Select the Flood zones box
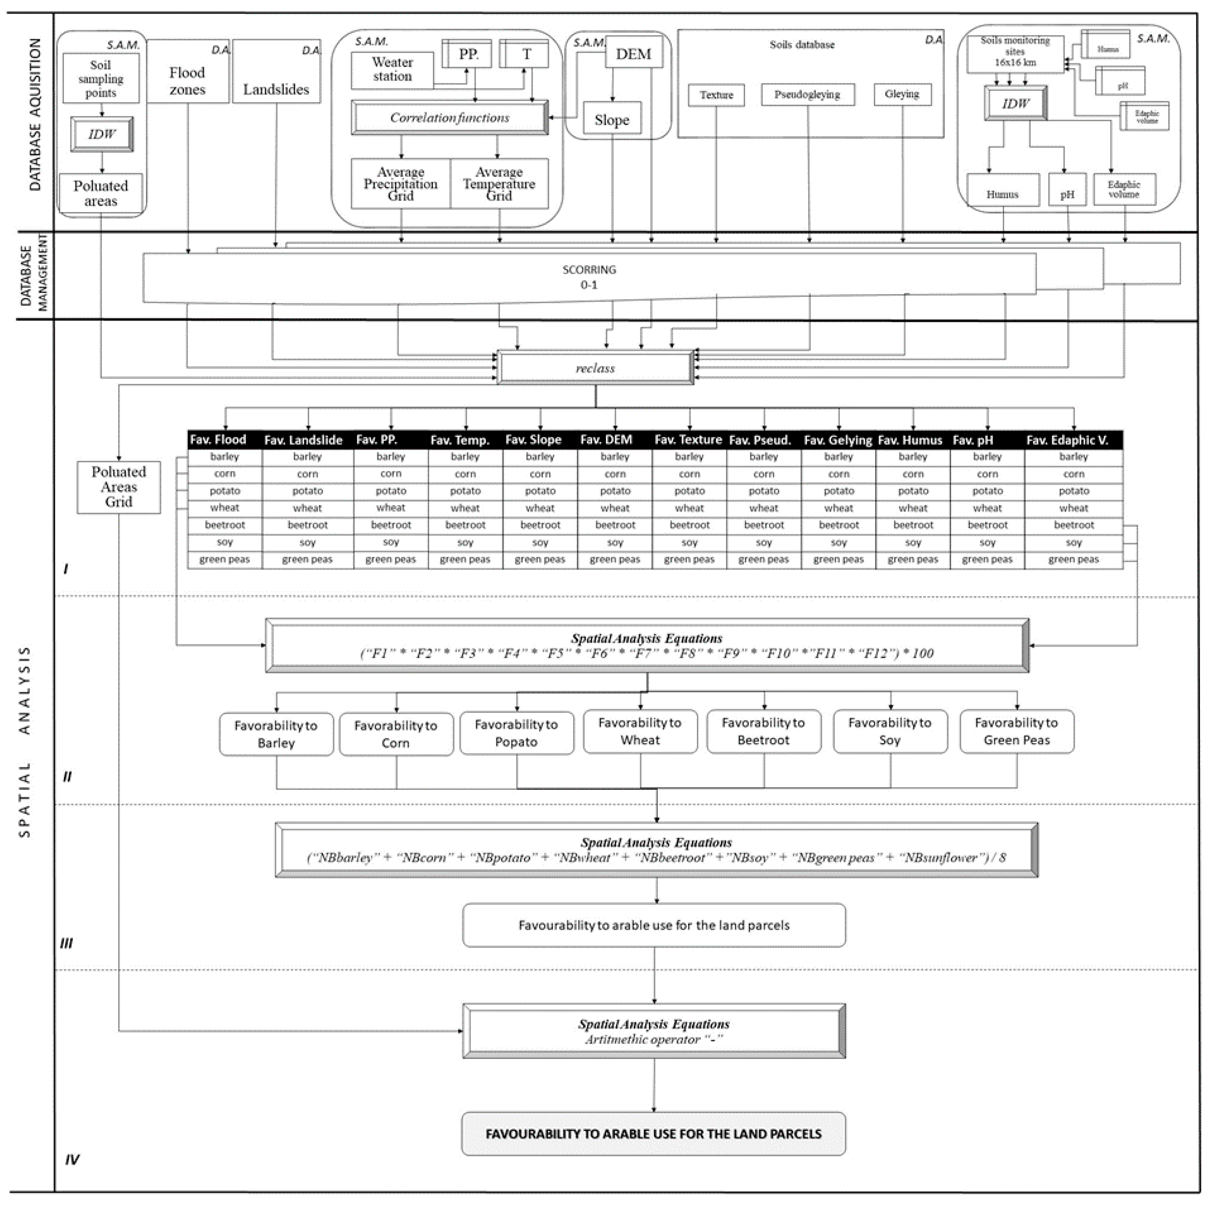click(x=187, y=81)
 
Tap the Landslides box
click(x=276, y=89)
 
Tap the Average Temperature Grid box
click(x=499, y=183)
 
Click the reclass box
click(x=595, y=368)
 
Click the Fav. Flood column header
click(x=219, y=440)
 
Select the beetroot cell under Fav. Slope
click(x=540, y=525)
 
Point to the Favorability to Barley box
click(x=276, y=734)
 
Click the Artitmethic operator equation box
click(x=654, y=1032)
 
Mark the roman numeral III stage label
click(x=66, y=944)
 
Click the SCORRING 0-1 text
click(x=589, y=277)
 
